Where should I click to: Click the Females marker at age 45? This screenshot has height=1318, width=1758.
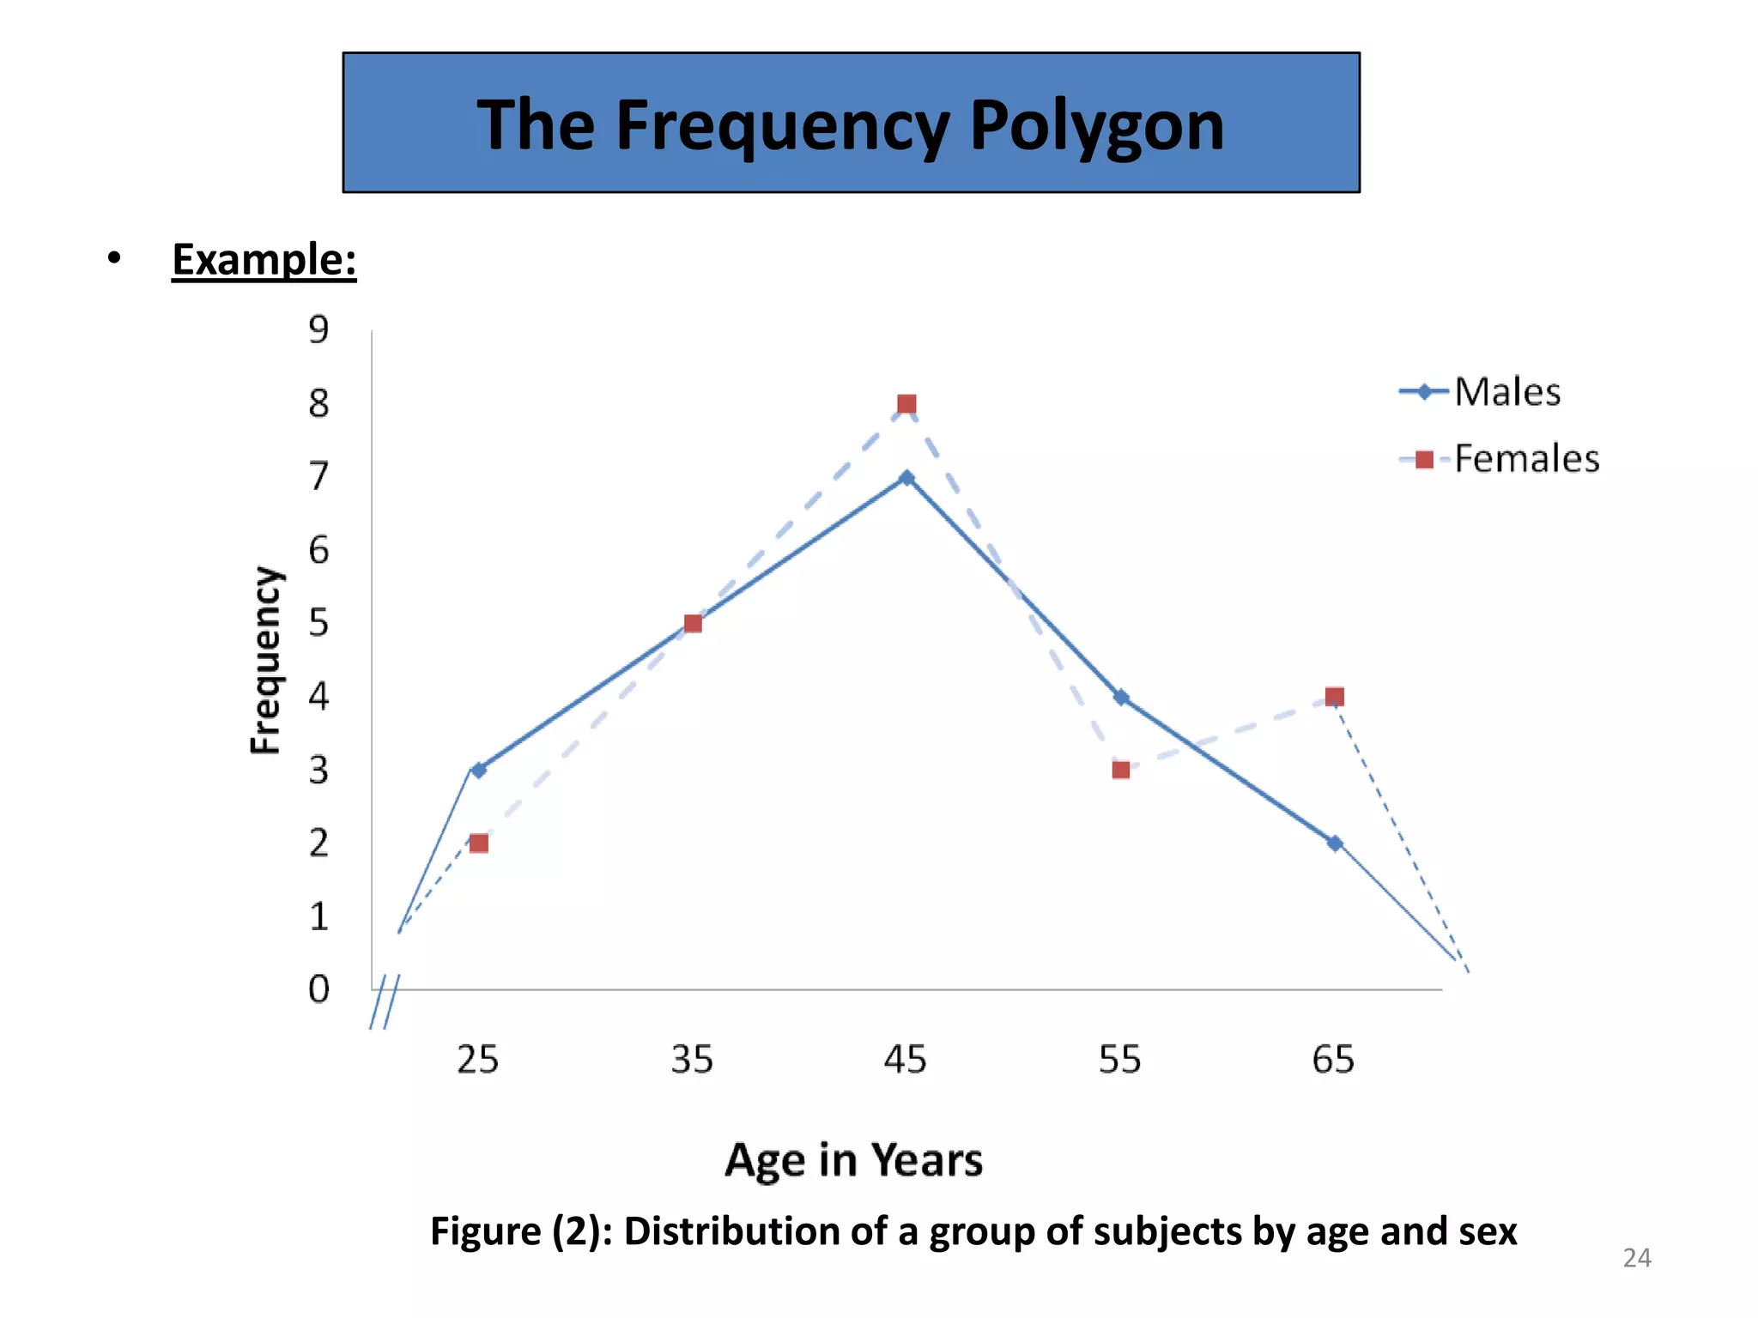point(906,404)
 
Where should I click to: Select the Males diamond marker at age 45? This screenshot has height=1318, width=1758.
point(906,478)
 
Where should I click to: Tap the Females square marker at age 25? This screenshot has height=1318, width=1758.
point(479,843)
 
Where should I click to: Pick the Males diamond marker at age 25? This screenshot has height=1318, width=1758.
point(479,770)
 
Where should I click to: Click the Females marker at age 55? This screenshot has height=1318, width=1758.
point(1120,770)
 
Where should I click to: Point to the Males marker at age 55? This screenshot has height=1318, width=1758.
point(1120,697)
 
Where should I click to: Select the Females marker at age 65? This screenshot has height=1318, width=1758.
point(1334,697)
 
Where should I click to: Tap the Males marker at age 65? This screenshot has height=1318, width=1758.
point(1334,843)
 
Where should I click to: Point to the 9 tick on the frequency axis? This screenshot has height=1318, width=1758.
point(318,329)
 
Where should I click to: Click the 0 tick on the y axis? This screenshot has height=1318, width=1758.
point(318,989)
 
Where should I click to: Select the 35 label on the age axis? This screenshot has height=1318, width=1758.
point(692,1060)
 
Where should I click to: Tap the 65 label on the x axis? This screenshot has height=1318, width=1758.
point(1333,1060)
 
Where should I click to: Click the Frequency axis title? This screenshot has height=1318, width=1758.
point(265,661)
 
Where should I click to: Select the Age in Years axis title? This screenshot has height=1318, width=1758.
point(853,1160)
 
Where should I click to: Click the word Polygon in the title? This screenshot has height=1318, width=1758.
point(1096,125)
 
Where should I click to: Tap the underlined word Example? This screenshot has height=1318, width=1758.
point(264,259)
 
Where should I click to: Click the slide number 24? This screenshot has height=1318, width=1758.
point(1637,1258)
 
